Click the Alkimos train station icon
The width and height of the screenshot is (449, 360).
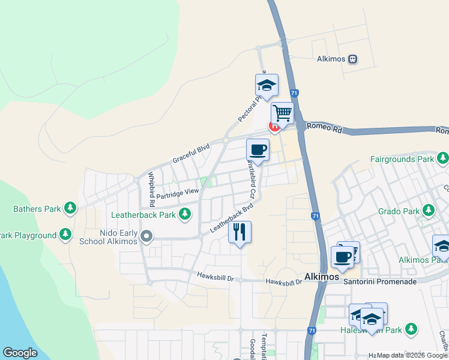[x=353, y=59]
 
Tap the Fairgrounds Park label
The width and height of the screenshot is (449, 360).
[x=402, y=160]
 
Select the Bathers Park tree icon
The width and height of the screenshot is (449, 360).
[x=71, y=208]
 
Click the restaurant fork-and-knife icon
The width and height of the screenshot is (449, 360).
[x=240, y=231]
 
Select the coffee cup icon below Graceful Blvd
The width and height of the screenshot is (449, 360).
[x=258, y=149]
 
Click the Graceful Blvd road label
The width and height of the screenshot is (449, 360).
[x=191, y=152]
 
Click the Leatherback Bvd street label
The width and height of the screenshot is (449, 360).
[x=232, y=217]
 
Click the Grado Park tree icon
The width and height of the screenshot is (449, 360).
[x=429, y=211]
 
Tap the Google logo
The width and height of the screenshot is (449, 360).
[x=20, y=353]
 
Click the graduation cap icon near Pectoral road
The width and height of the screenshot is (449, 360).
[x=267, y=84]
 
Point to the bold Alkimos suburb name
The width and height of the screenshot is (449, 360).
[x=322, y=277]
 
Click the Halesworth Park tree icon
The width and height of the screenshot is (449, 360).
[x=411, y=329]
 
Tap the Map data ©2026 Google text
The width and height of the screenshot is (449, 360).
[x=412, y=355]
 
